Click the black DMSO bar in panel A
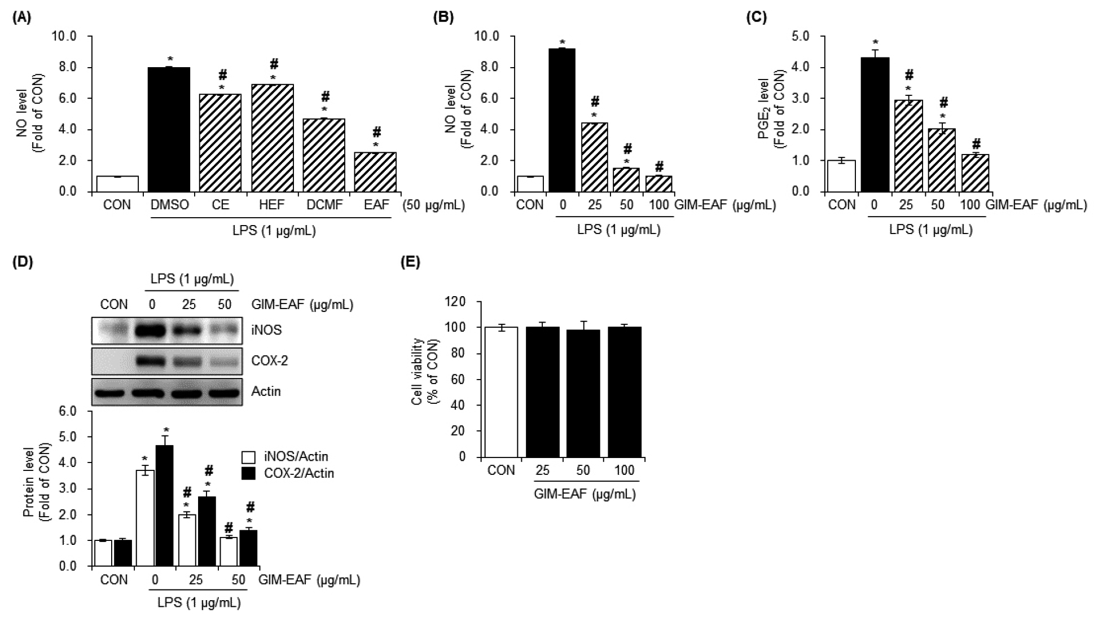(168, 130)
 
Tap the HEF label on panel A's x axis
(273, 205)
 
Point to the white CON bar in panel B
(530, 184)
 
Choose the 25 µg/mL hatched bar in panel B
(594, 157)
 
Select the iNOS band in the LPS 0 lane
(151, 329)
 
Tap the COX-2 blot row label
(269, 360)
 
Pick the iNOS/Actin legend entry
(285, 456)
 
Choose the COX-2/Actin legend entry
(288, 473)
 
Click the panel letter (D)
(23, 262)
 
